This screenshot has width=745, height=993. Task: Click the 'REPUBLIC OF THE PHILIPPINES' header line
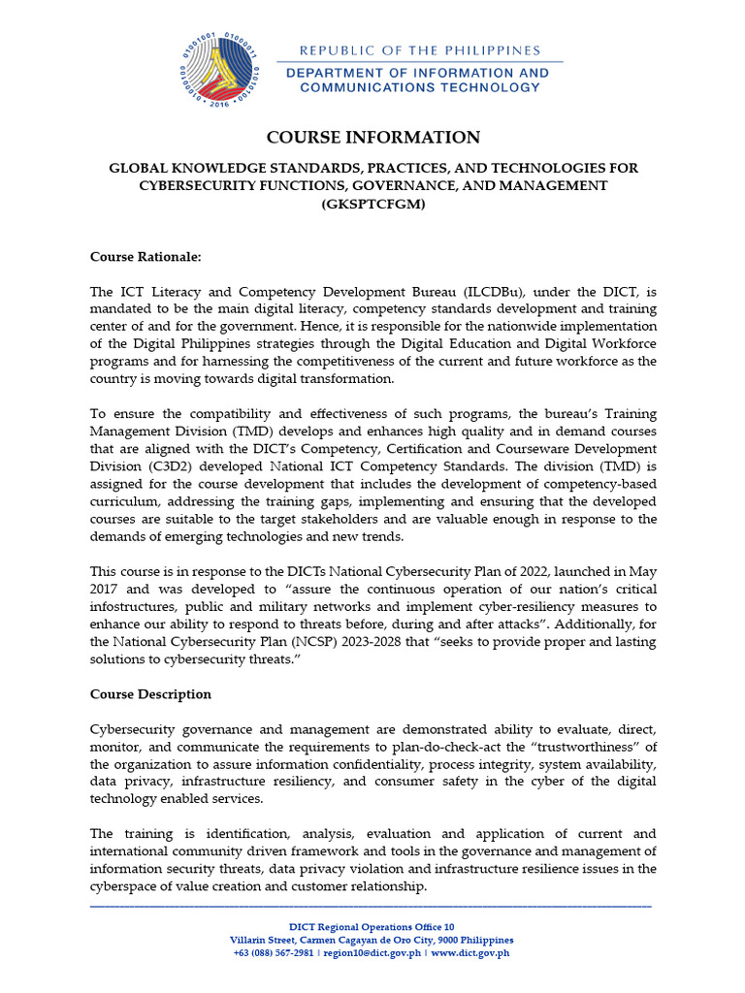pos(419,50)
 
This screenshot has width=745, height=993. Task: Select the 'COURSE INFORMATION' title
pos(372,137)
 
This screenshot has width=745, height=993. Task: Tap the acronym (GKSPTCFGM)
pos(372,203)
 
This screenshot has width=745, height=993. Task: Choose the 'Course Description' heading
pos(150,694)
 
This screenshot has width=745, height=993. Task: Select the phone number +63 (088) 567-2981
pos(274,953)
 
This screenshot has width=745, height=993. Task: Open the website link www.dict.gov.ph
pos(470,953)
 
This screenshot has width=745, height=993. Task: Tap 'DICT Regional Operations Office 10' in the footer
pos(372,927)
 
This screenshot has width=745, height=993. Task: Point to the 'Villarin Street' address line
pos(372,941)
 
